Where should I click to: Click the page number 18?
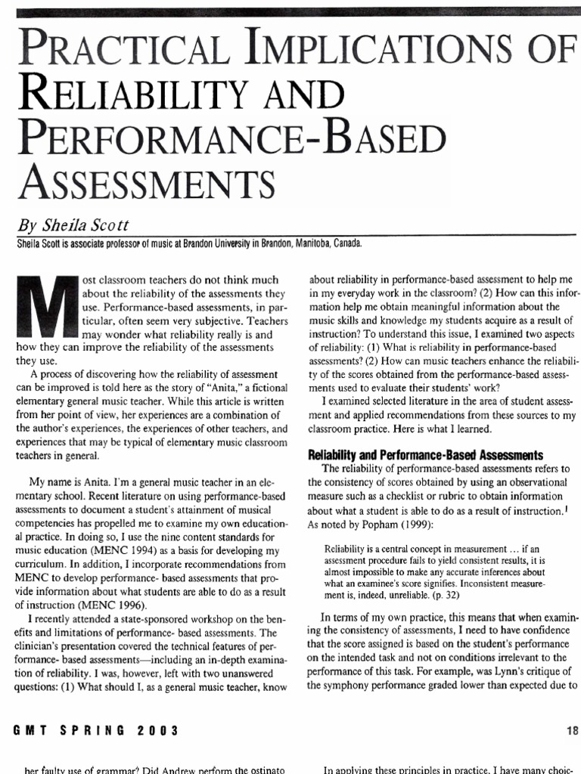571,730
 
